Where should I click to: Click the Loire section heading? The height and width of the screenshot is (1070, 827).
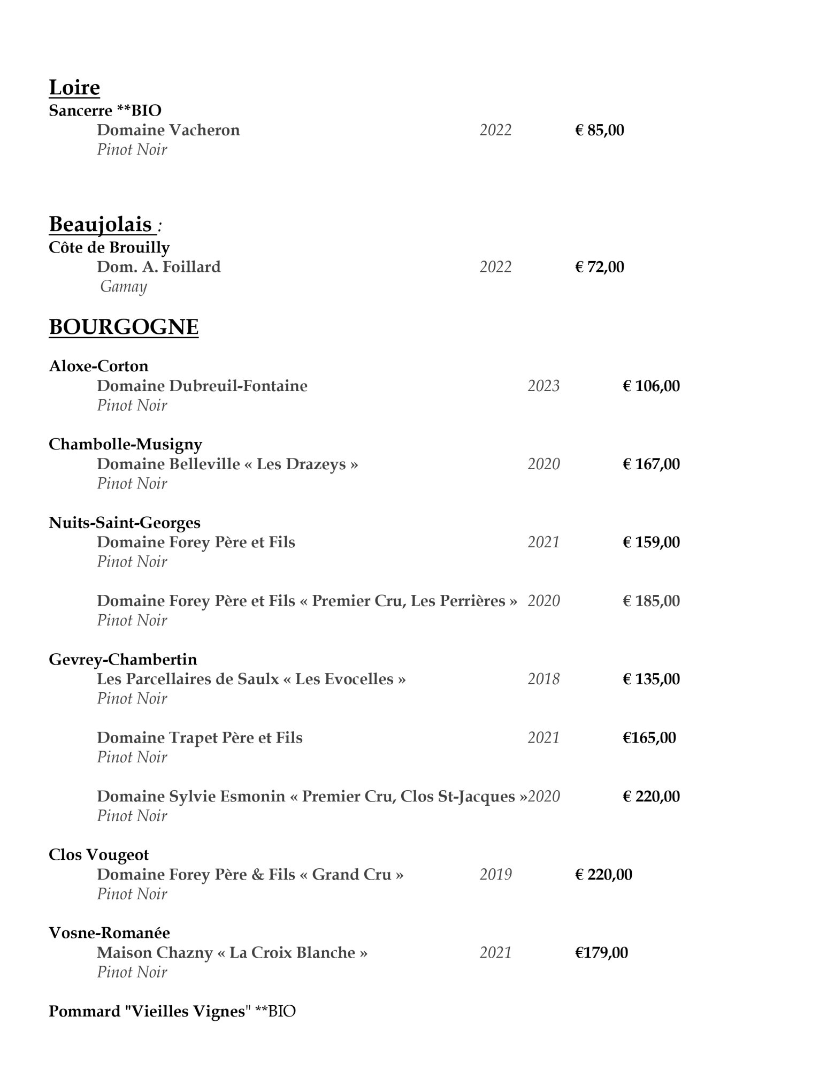coord(74,87)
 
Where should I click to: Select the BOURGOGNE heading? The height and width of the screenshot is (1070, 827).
coord(124,326)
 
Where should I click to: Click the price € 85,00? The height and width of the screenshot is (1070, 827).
coord(599,130)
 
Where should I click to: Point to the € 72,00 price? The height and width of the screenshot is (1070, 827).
coord(599,266)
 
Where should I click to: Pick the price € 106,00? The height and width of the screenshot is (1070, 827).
coord(651,386)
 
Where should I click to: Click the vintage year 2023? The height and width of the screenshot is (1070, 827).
coord(543,386)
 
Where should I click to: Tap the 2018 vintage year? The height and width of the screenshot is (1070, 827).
coord(543,679)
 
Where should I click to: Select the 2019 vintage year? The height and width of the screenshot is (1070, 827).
coord(495,874)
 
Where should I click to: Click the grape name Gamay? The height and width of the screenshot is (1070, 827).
coord(124,287)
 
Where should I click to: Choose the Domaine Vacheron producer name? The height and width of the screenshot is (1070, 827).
coord(168,130)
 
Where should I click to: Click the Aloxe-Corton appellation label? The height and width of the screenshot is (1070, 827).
coord(98,366)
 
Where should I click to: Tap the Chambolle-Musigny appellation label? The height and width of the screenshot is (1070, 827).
coord(125,444)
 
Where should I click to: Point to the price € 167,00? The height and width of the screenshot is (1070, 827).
coord(651,464)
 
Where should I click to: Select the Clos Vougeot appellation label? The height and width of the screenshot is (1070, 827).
coord(98,854)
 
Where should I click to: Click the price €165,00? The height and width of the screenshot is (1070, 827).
coord(649,738)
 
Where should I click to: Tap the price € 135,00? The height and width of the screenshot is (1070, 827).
coord(651,679)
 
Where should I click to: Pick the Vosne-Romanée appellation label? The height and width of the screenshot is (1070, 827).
coord(109,933)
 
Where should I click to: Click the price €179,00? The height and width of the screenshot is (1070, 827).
coord(601,952)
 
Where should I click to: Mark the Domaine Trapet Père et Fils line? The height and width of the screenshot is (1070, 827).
coord(200,738)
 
